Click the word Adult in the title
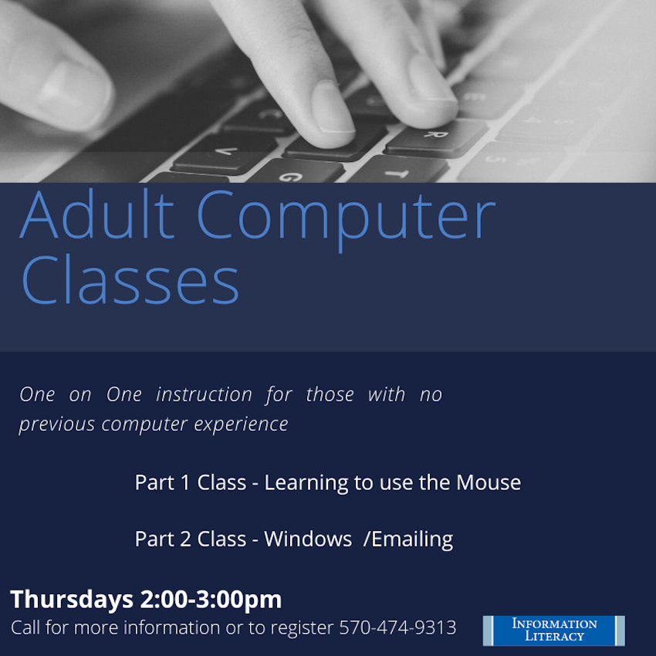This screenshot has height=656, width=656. tap(97, 214)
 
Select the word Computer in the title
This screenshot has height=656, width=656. tap(346, 220)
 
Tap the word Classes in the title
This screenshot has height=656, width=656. tap(130, 279)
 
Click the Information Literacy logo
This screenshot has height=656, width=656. tap(553, 630)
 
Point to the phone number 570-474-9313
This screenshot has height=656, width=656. tap(397, 627)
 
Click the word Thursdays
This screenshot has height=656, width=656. tap(72, 599)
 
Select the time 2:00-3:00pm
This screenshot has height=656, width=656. tap(211, 600)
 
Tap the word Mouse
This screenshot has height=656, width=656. tap(489, 482)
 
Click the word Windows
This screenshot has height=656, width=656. tap(308, 539)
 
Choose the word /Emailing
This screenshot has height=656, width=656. tap(408, 539)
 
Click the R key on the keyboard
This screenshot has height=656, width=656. tap(435, 136)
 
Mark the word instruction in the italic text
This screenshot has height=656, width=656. tap(205, 394)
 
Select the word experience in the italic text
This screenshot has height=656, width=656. tap(241, 424)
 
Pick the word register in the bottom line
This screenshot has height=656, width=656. tap(303, 628)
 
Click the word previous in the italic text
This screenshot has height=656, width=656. tap(57, 424)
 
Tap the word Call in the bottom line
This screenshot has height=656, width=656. tap(25, 627)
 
